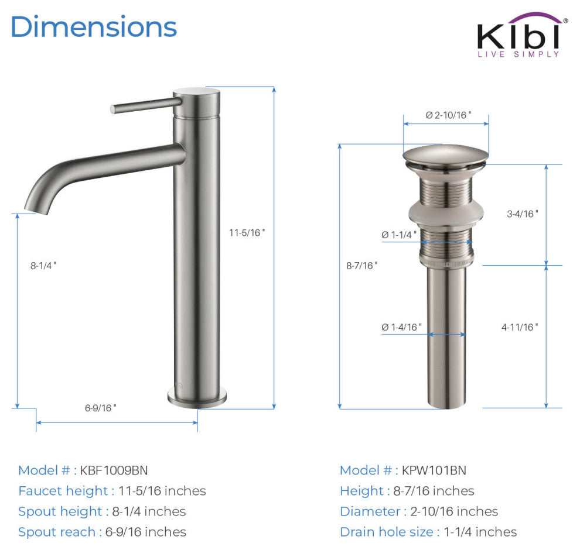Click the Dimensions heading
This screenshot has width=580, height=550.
tap(94, 26)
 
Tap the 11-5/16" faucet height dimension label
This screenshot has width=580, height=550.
tap(247, 233)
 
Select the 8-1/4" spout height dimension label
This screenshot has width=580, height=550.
tap(43, 266)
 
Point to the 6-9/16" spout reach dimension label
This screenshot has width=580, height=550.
tap(100, 408)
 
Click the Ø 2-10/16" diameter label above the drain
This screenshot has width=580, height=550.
tap(448, 115)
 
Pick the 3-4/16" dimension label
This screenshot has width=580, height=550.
tap(523, 214)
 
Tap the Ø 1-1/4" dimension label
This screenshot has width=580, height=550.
tap(399, 235)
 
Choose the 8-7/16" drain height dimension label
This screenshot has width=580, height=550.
tap(361, 266)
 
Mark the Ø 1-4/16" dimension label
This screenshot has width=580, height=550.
tap(401, 327)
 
